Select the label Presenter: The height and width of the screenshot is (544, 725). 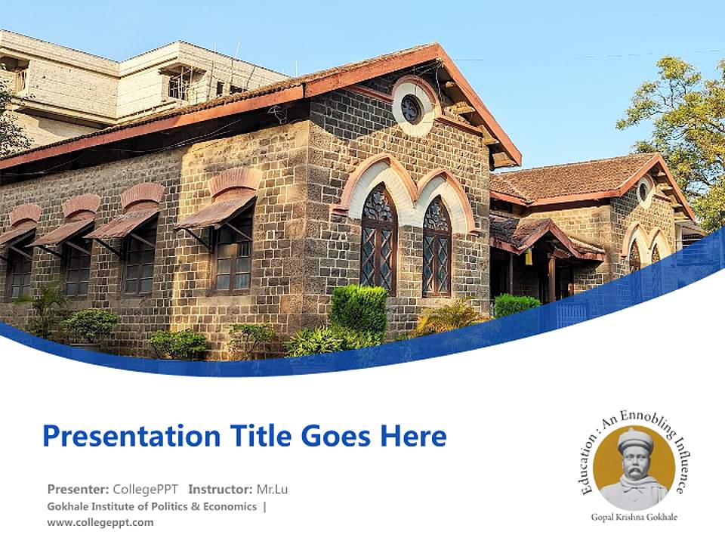click(x=79, y=489)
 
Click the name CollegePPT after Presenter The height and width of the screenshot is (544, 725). click(x=147, y=489)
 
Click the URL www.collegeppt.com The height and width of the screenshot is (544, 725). click(x=100, y=522)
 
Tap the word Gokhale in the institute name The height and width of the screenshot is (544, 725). click(x=66, y=506)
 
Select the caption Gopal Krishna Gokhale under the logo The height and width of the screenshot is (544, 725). click(x=634, y=518)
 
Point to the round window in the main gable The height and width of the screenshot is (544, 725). click(x=411, y=110)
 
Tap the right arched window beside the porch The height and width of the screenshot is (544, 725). click(x=437, y=246)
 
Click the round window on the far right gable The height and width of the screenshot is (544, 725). click(x=644, y=190)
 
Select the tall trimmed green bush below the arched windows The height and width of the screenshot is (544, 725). click(x=359, y=309)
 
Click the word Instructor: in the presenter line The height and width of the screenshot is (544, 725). click(x=220, y=489)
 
